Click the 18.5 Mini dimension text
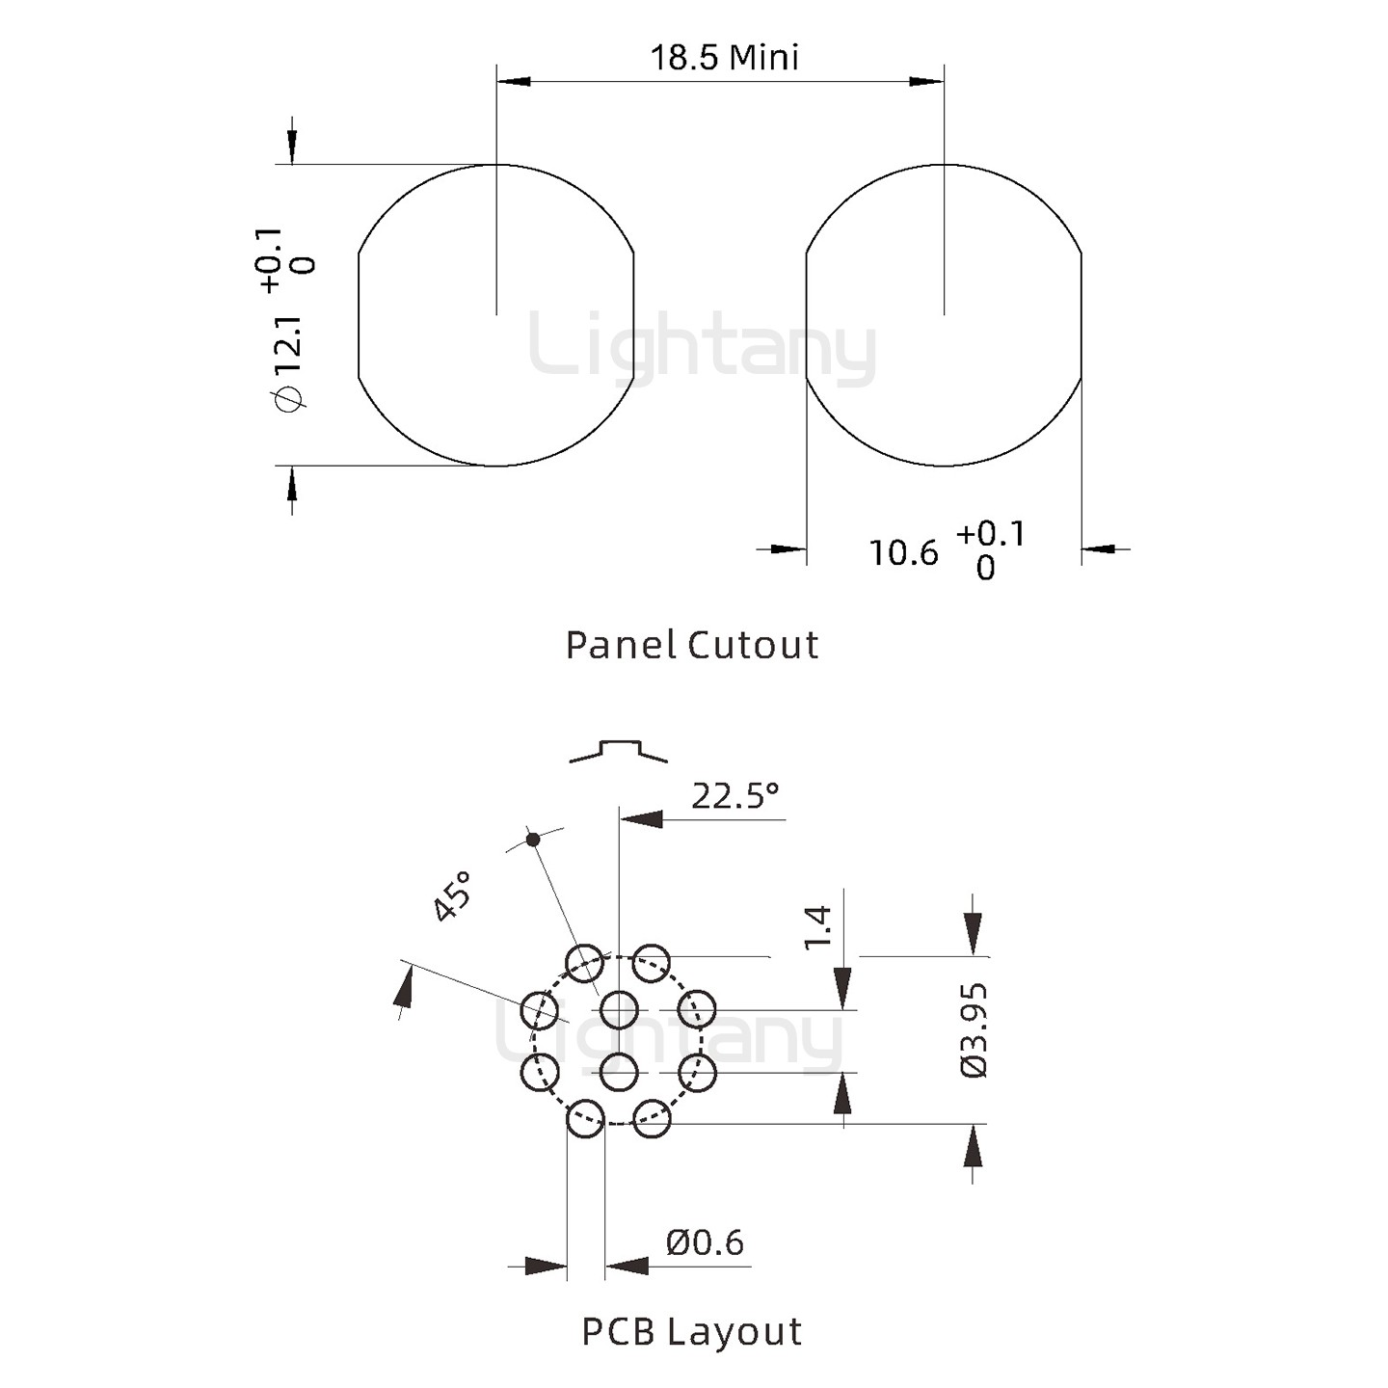725,57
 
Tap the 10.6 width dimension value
904,553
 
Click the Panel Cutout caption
692,645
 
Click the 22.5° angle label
735,796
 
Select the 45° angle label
453,896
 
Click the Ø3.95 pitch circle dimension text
974,1030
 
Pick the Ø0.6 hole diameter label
705,1243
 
